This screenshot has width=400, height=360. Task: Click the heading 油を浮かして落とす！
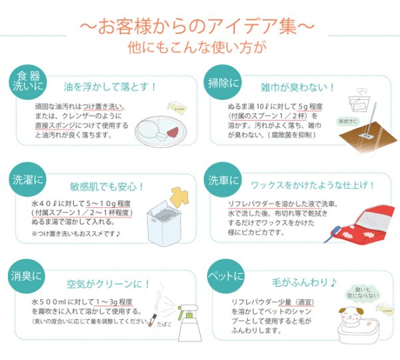click(110, 87)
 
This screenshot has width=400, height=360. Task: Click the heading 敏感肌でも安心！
click(107, 187)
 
